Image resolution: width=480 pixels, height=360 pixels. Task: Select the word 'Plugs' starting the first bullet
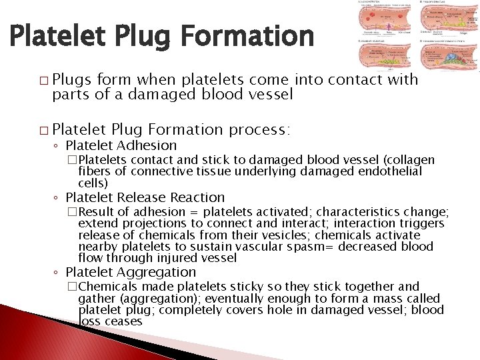[x=73, y=79]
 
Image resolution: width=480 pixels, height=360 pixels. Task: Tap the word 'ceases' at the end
[x=123, y=321]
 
